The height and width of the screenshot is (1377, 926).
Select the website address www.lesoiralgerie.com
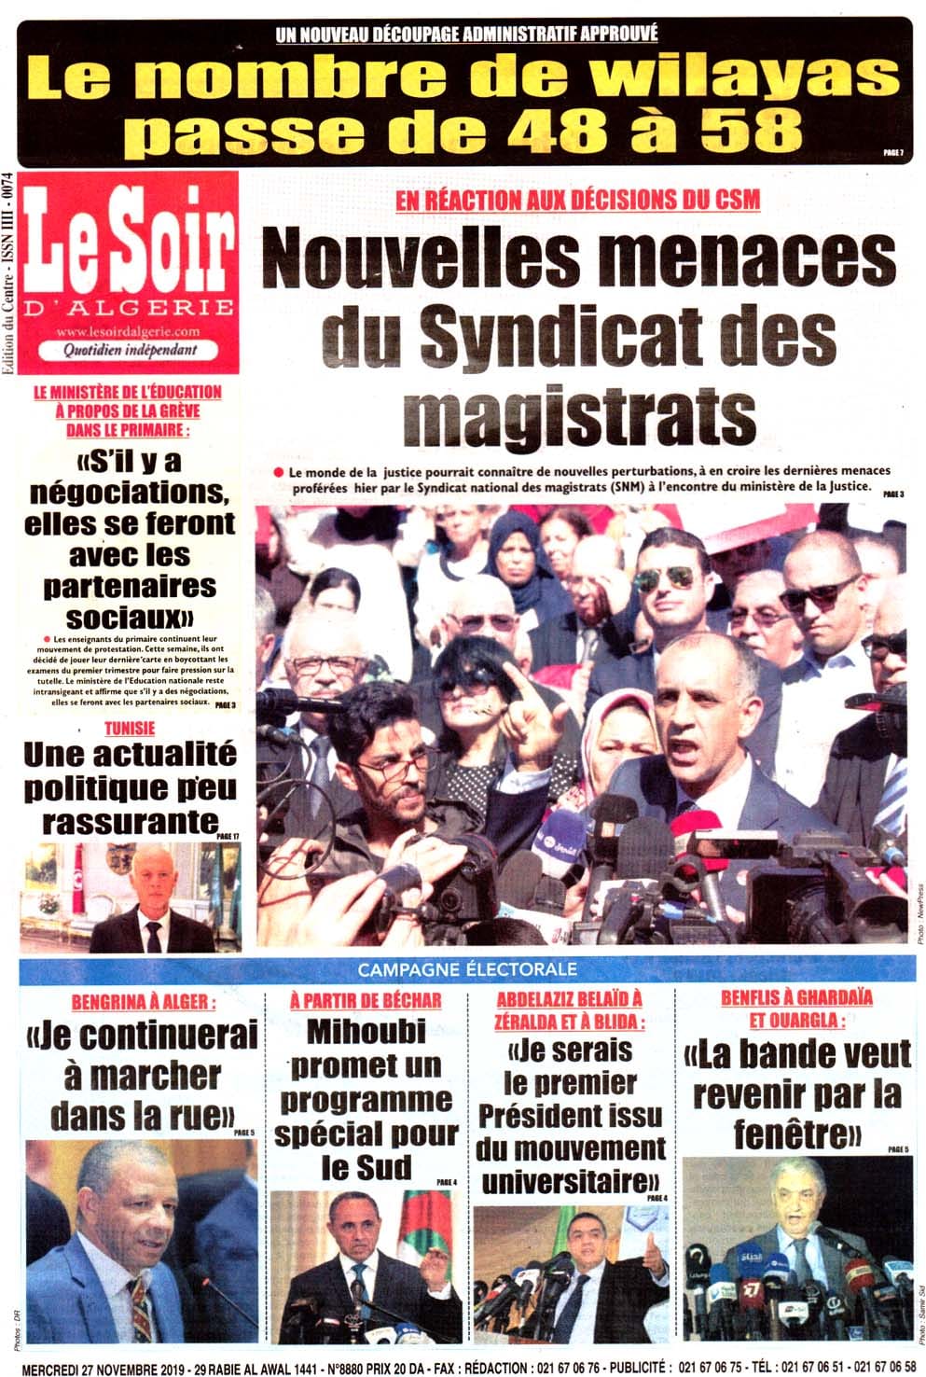(x=128, y=332)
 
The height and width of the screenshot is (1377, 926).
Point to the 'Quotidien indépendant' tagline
(x=130, y=350)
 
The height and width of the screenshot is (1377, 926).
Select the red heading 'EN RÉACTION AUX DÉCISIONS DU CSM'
(x=577, y=199)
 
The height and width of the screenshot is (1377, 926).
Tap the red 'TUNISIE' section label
(x=130, y=729)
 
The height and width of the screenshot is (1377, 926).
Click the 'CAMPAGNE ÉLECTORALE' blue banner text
(x=467, y=969)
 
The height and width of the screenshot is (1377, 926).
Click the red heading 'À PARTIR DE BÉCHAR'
(x=366, y=1000)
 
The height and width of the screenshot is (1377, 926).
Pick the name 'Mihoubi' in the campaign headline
(x=366, y=1031)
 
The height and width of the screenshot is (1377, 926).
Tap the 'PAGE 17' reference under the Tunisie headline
(x=228, y=836)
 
